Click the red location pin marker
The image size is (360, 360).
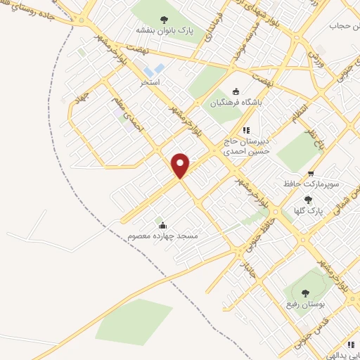click(x=181, y=165)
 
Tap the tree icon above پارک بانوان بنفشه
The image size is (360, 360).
click(x=165, y=20)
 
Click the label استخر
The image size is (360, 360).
click(x=150, y=82)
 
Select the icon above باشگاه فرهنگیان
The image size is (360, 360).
click(x=236, y=91)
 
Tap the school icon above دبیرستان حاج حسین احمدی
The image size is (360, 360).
click(x=246, y=129)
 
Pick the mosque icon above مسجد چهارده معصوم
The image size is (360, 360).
click(x=163, y=225)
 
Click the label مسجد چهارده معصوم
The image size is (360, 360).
click(x=163, y=236)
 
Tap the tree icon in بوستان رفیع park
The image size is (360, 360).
click(x=303, y=293)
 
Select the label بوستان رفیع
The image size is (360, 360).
click(x=303, y=304)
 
